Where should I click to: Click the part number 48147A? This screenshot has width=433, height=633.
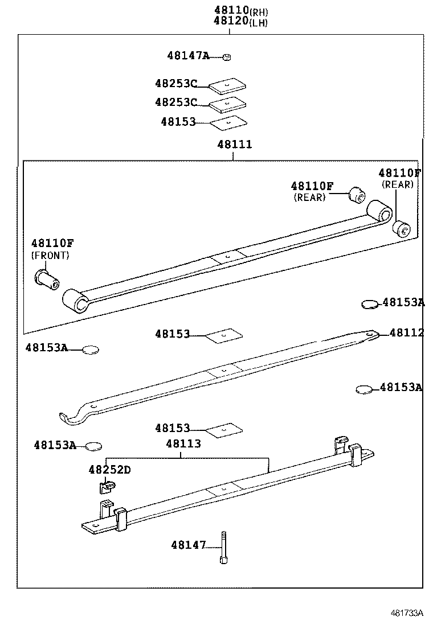(188, 56)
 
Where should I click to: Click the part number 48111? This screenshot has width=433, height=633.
(234, 145)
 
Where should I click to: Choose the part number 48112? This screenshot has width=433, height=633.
(406, 333)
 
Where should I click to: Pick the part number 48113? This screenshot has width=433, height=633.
(183, 443)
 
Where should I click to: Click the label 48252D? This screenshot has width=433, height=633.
(109, 470)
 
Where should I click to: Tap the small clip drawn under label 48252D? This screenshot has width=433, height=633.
(105, 487)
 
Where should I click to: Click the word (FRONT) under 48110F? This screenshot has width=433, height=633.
(50, 256)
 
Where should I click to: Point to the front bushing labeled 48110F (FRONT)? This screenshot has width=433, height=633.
(47, 279)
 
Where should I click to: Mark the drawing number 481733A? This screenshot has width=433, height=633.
(407, 613)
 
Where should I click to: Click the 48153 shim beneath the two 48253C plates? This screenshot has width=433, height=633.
(228, 122)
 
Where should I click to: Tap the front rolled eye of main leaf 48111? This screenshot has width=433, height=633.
(75, 301)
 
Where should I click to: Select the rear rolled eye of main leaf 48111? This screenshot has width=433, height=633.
(379, 211)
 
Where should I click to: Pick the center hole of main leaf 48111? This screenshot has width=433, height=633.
(227, 257)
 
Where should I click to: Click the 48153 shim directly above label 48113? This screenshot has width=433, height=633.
(224, 430)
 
